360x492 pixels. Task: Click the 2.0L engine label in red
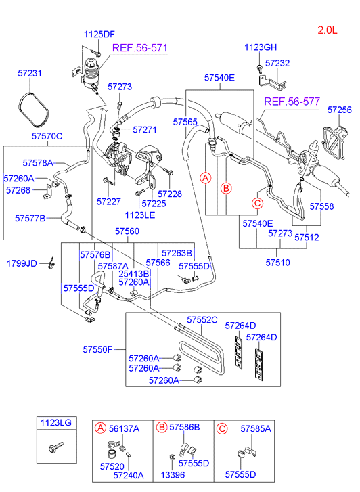pos(331,30)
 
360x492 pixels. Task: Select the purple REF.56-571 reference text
pos(139,48)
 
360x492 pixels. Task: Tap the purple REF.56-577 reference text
pos(291,102)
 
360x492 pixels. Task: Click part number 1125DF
pos(99,35)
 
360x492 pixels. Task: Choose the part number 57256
pos(340,109)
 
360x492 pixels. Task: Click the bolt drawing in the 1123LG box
pos(53,449)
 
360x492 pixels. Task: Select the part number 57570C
pos(47,136)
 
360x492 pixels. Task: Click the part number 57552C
pos(202,320)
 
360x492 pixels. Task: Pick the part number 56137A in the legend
pos(124,428)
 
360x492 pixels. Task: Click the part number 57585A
pos(256,428)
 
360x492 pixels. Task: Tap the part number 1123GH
pos(261,47)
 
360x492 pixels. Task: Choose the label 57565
pos(185,122)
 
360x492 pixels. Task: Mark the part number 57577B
pos(30,218)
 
